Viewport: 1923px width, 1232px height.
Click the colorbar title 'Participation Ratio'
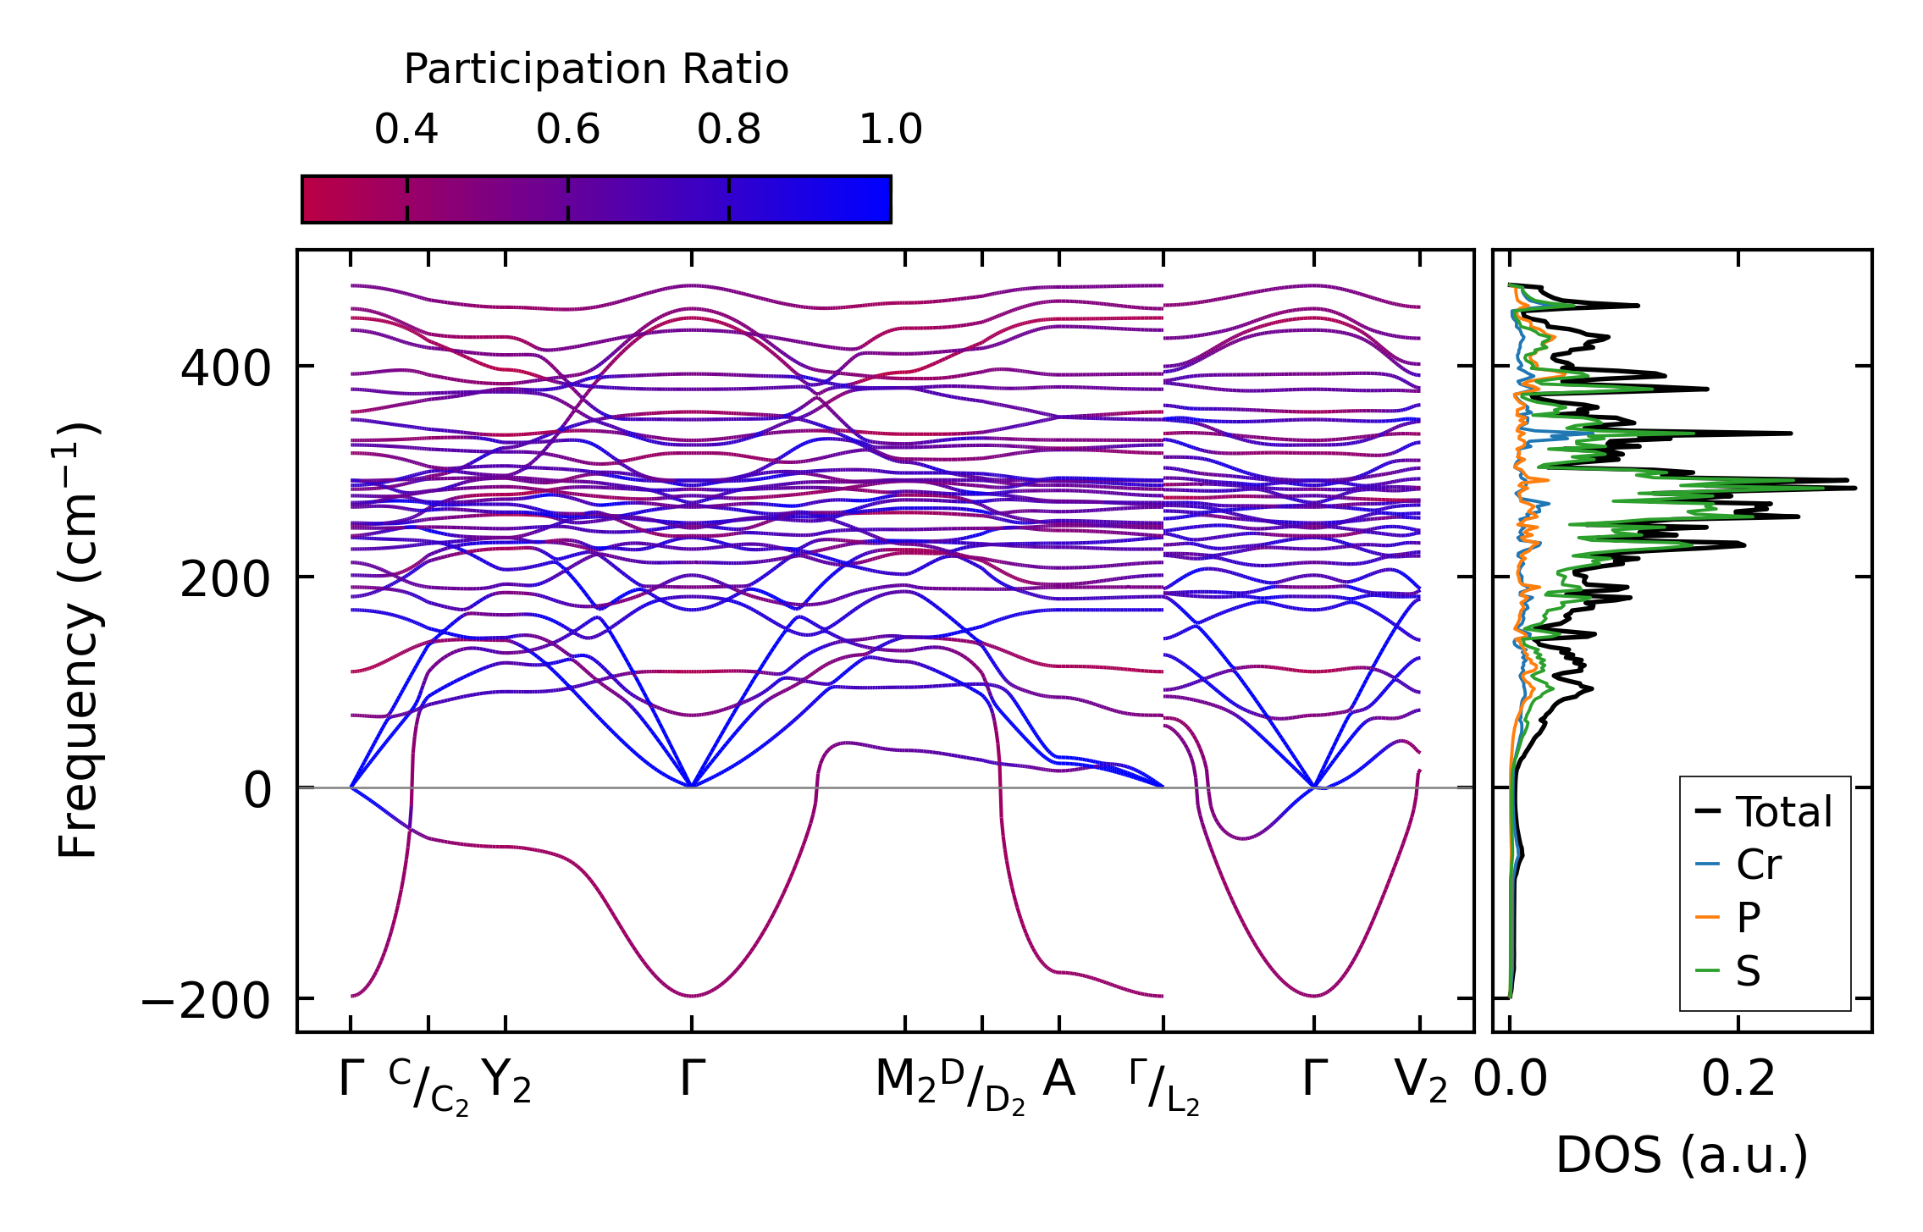coord(596,69)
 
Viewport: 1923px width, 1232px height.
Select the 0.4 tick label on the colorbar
coord(406,130)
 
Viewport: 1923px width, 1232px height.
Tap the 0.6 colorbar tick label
coord(568,130)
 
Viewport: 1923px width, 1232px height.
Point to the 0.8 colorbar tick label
coord(729,130)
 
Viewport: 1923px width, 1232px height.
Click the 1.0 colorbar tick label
coord(891,130)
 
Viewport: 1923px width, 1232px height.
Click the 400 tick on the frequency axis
coord(225,368)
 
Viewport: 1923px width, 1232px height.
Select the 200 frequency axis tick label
coord(225,580)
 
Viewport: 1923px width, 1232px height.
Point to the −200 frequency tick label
coord(206,1001)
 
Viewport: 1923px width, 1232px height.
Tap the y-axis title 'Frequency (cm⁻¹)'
coord(79,641)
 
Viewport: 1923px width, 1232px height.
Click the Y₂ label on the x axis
coord(506,1081)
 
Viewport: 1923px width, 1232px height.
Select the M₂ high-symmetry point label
coord(905,1081)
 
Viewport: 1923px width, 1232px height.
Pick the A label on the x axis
coord(1059,1080)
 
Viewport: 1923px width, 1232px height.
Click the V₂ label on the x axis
coord(1420,1081)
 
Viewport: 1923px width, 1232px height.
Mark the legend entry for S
coord(1748,970)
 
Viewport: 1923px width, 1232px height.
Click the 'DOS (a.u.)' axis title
coord(1682,1155)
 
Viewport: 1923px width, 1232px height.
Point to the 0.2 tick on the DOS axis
coord(1738,1080)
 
